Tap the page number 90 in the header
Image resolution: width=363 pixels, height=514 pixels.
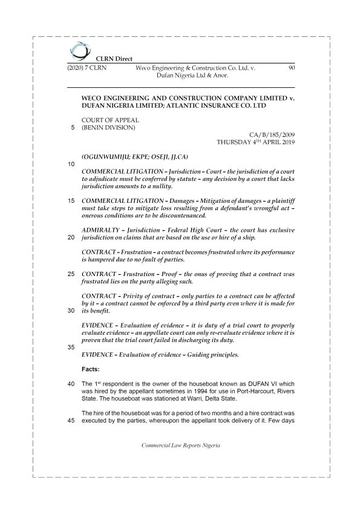(x=291, y=68)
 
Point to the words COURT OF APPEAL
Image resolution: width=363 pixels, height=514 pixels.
(x=110, y=120)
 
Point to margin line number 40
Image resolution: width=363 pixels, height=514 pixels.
(x=71, y=384)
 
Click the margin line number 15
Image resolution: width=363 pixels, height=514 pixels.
(x=71, y=200)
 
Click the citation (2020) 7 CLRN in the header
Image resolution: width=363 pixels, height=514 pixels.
(x=87, y=68)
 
